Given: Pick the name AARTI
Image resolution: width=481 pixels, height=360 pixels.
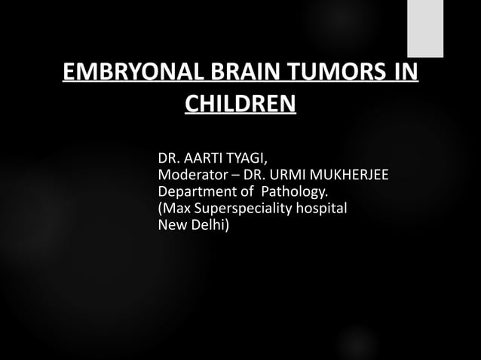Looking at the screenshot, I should (x=205, y=159).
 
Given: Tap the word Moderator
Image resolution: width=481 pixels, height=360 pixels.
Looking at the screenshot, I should (x=190, y=175).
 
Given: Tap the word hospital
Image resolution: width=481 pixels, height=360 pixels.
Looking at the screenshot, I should (x=321, y=209).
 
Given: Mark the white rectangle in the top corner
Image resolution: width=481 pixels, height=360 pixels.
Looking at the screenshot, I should (x=425, y=29).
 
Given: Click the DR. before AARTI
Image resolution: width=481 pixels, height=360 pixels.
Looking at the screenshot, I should (x=168, y=159).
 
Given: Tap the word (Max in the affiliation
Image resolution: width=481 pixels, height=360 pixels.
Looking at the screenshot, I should (x=174, y=209).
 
